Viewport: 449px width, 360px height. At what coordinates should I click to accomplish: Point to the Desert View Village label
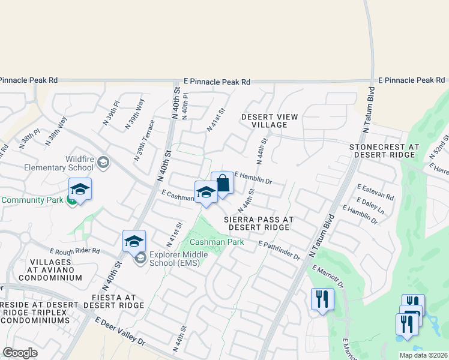264,121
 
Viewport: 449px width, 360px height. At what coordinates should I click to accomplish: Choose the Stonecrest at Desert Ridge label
385,151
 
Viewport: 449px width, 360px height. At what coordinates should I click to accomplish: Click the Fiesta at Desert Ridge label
113,301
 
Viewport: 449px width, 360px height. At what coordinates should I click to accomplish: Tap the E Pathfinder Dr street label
279,251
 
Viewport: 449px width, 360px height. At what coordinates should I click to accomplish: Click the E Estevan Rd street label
375,192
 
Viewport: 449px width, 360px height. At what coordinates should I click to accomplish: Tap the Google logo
20,353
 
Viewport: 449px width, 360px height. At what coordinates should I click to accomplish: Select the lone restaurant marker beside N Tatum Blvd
322,298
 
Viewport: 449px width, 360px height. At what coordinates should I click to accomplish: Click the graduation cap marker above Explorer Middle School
134,241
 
